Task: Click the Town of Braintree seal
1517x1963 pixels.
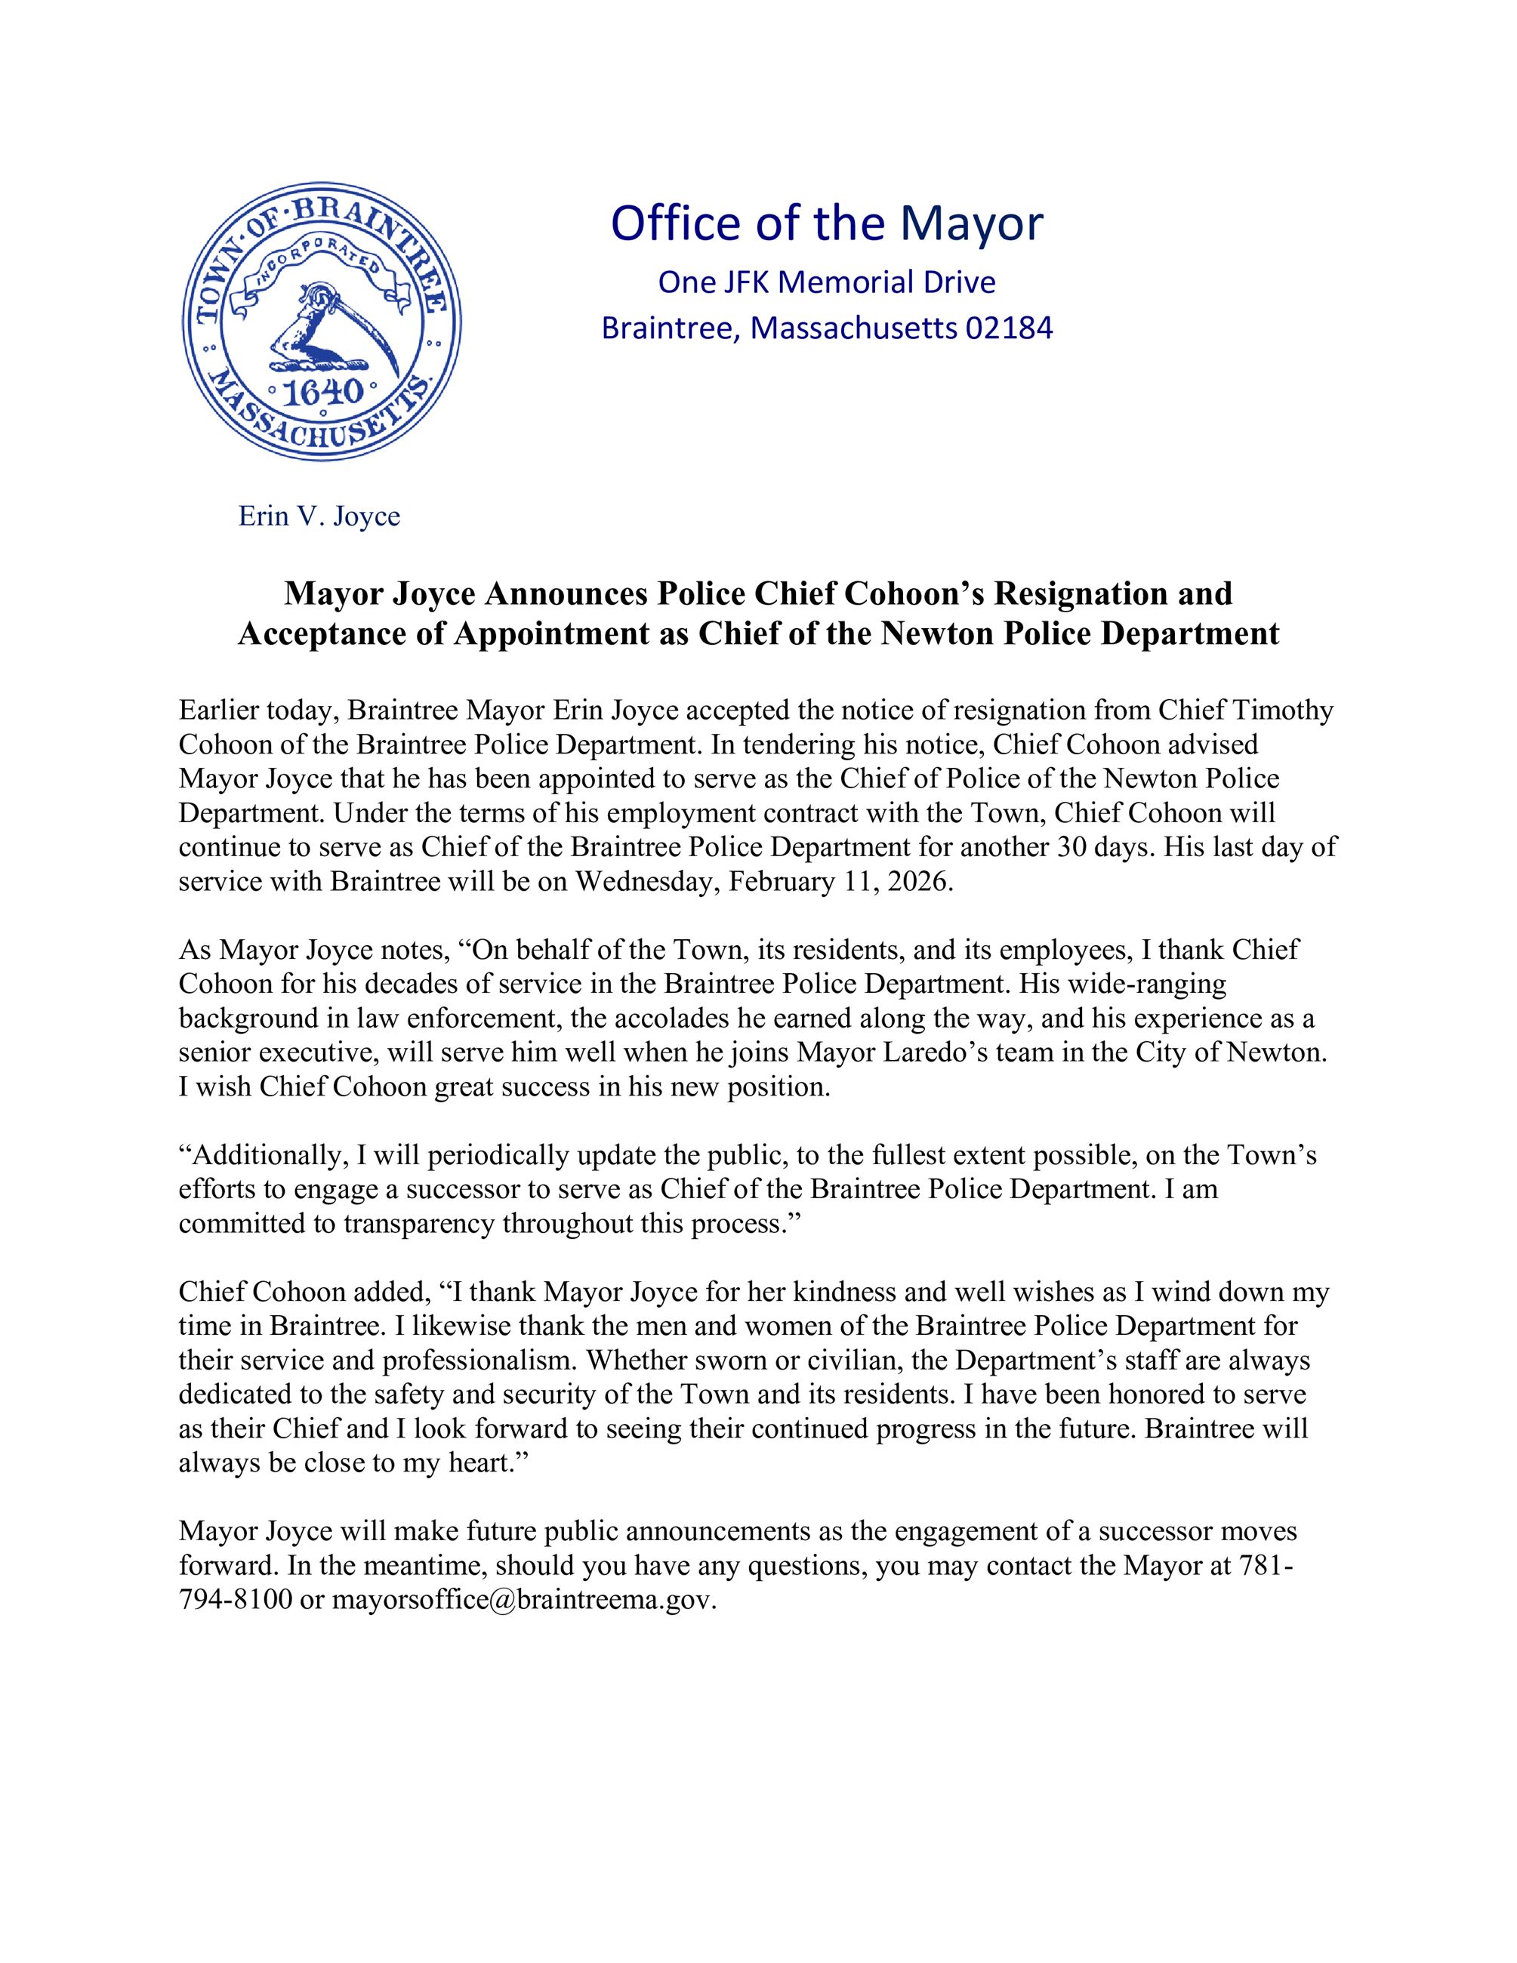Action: point(321,322)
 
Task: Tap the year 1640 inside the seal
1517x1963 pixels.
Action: point(321,392)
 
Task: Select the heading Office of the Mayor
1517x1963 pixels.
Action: point(827,223)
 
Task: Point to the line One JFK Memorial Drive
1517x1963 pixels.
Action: point(827,282)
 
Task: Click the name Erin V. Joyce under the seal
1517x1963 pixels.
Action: point(319,517)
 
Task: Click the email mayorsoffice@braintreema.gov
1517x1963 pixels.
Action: point(524,1600)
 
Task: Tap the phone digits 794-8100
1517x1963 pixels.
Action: point(236,1600)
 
